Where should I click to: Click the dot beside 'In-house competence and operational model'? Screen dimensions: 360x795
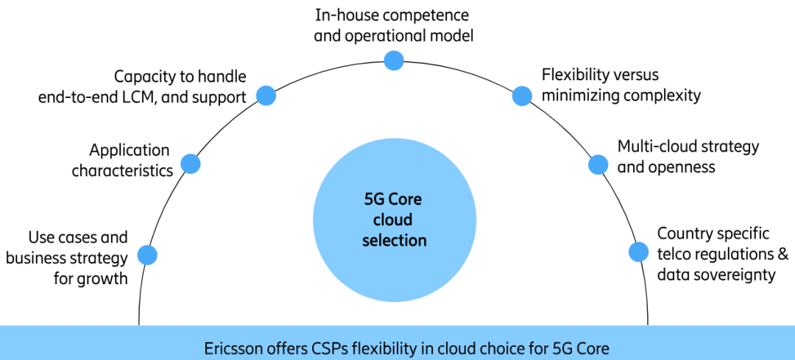pos(395,60)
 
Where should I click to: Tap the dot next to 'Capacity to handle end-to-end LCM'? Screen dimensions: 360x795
pos(266,95)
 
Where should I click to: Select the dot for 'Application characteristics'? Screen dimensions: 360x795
pos(191,163)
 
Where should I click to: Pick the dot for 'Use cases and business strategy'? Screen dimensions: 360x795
pos(147,255)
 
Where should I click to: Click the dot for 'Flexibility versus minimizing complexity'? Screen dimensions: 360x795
pos(522,95)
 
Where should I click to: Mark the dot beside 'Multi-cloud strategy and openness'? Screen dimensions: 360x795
pos(598,163)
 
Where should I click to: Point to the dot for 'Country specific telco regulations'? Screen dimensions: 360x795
pos(638,252)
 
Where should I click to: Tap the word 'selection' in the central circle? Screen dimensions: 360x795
pos(394,240)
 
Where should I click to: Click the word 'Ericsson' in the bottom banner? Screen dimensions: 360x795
pos(232,347)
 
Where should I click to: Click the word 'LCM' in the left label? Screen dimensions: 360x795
pos(134,96)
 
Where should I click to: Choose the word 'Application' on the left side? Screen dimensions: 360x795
pos(130,150)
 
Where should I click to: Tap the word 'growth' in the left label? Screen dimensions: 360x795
pos(103,278)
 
